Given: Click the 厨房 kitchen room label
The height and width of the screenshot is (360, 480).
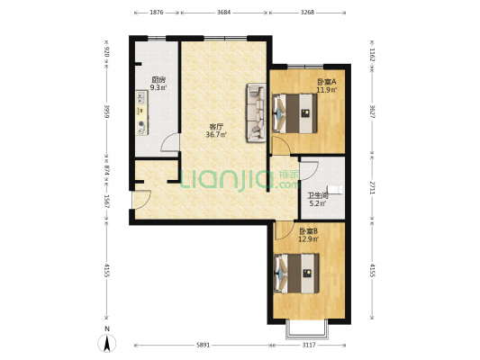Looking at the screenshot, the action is click(158, 80).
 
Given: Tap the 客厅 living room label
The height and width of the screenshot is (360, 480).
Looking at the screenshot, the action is click(216, 127).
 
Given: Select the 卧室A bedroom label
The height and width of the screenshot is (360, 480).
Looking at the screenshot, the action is click(327, 82).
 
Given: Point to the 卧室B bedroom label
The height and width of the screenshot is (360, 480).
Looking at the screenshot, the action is click(308, 231).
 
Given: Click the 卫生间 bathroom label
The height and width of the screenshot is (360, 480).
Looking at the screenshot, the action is click(318, 195).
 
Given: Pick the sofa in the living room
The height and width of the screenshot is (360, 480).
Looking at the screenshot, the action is click(256, 112).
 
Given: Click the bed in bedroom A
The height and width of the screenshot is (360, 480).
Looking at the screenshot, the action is click(294, 113).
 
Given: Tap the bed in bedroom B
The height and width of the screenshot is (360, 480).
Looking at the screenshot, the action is click(296, 273).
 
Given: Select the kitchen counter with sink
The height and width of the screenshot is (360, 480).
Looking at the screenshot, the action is click(141, 112).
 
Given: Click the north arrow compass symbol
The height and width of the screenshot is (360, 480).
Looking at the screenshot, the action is click(106, 343).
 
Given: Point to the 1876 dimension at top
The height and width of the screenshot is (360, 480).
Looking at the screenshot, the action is click(157, 13).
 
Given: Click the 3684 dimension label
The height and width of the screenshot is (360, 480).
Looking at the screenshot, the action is click(223, 13).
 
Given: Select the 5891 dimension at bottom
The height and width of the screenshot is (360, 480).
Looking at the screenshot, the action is click(203, 345).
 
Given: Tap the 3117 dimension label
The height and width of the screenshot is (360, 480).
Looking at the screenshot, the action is click(309, 345).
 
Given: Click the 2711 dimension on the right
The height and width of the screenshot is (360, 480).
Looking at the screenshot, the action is click(372, 187).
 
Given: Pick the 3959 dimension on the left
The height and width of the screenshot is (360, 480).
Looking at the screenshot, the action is click(106, 112).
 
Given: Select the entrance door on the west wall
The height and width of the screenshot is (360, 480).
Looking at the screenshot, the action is click(140, 200).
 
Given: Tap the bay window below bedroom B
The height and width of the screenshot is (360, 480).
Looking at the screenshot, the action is click(307, 330).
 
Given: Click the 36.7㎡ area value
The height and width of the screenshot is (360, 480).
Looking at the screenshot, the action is click(216, 135).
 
